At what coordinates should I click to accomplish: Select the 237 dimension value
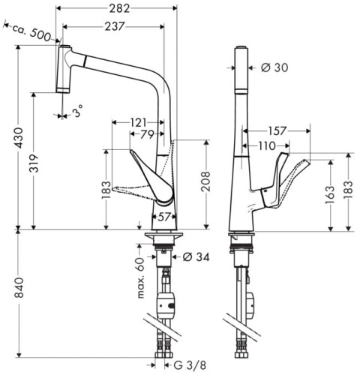pyautogui.click(x=115, y=26)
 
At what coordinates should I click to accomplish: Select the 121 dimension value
pyautogui.click(x=138, y=121)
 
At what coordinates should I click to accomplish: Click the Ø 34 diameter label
pyautogui.click(x=193, y=257)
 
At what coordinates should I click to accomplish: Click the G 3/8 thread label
pyautogui.click(x=183, y=367)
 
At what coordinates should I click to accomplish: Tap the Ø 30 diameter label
pyautogui.click(x=274, y=67)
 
